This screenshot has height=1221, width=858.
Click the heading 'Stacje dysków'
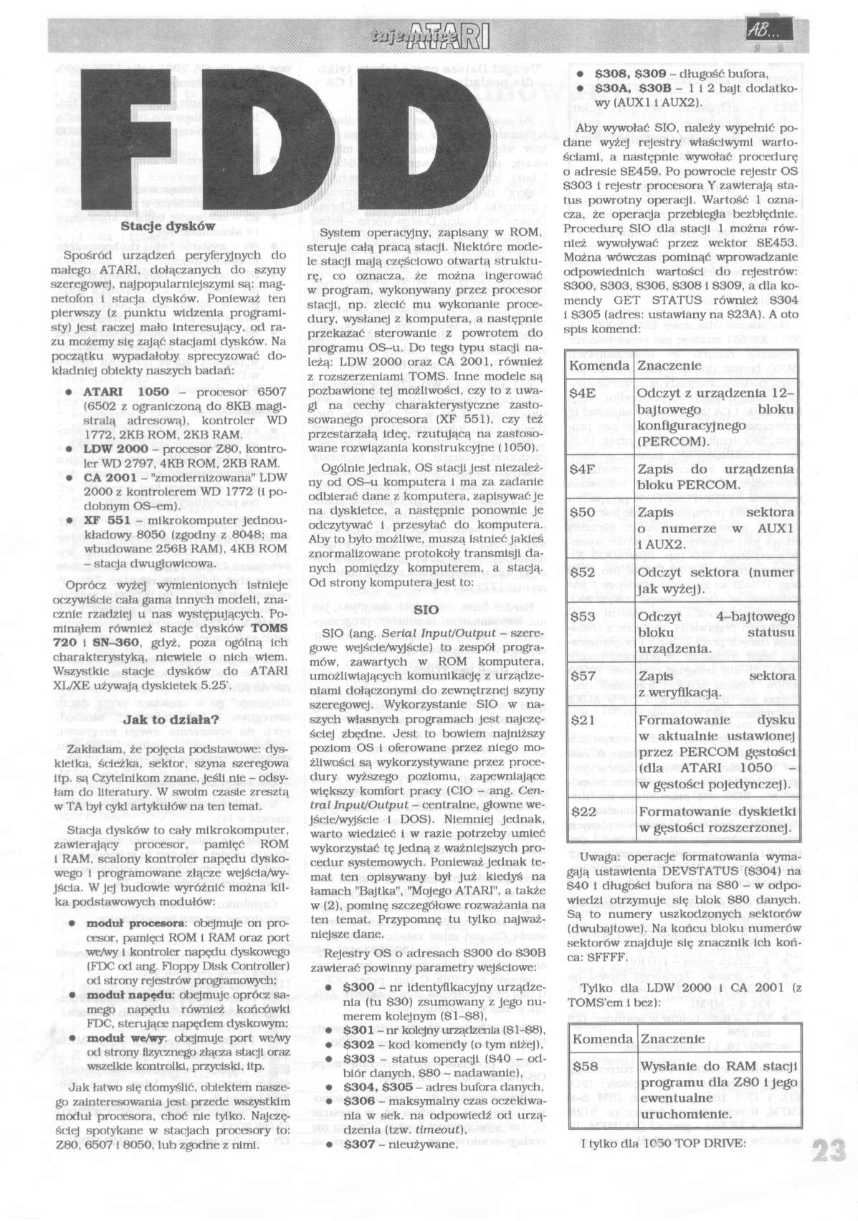pyautogui.click(x=168, y=225)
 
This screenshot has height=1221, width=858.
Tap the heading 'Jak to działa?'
pyautogui.click(x=166, y=719)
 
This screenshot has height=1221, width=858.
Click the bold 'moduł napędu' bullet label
pyautogui.click(x=128, y=995)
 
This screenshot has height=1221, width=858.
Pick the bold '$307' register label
pyautogui.click(x=359, y=1144)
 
